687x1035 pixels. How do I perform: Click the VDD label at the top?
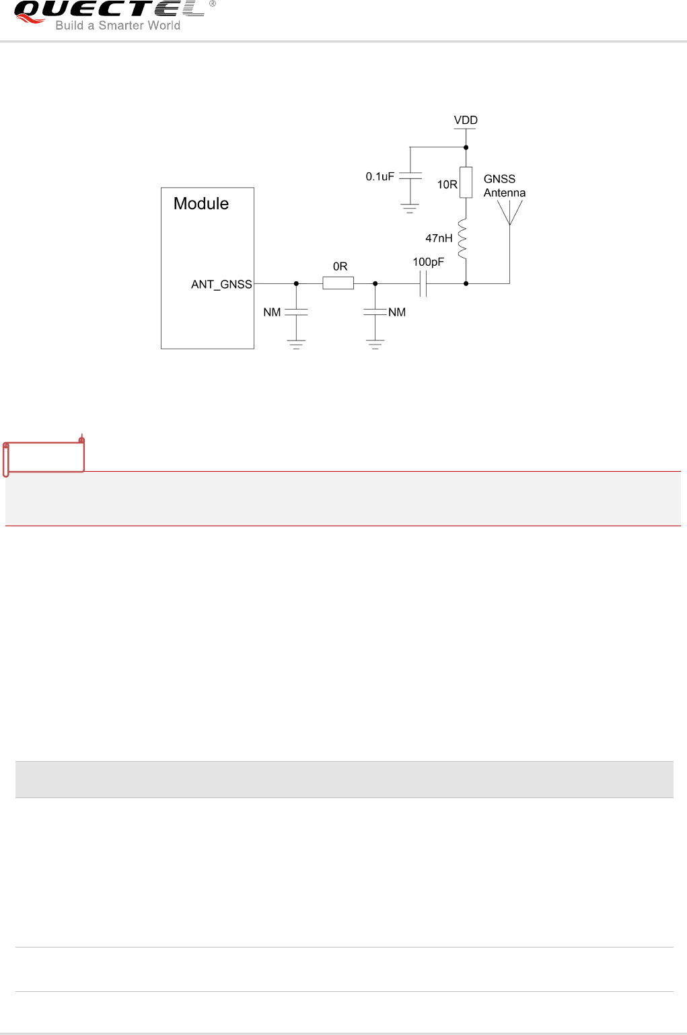tap(466, 120)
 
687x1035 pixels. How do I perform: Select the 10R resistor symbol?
tap(466, 182)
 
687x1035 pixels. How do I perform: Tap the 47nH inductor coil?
tap(463, 238)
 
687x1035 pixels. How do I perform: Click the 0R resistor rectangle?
tap(338, 284)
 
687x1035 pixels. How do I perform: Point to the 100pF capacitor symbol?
tap(423, 284)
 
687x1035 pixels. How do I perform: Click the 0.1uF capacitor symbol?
tap(410, 176)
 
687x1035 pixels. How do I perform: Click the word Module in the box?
tap(201, 204)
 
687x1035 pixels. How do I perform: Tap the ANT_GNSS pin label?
tap(221, 285)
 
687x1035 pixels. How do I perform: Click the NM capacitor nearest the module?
tap(296, 312)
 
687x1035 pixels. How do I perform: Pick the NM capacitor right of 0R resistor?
tap(375, 312)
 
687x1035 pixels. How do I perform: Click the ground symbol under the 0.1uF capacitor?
tap(410, 208)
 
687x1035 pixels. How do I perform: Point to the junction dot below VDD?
tap(466, 147)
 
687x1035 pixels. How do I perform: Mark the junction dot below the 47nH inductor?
tap(466, 284)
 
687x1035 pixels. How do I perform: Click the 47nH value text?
tap(439, 238)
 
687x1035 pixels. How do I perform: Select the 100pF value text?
tap(428, 262)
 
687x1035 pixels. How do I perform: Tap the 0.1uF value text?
tap(379, 176)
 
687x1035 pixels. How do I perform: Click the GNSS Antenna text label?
tap(504, 186)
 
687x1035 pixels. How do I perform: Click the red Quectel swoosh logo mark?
tap(31, 17)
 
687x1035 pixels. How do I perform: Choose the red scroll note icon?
tap(44, 456)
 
